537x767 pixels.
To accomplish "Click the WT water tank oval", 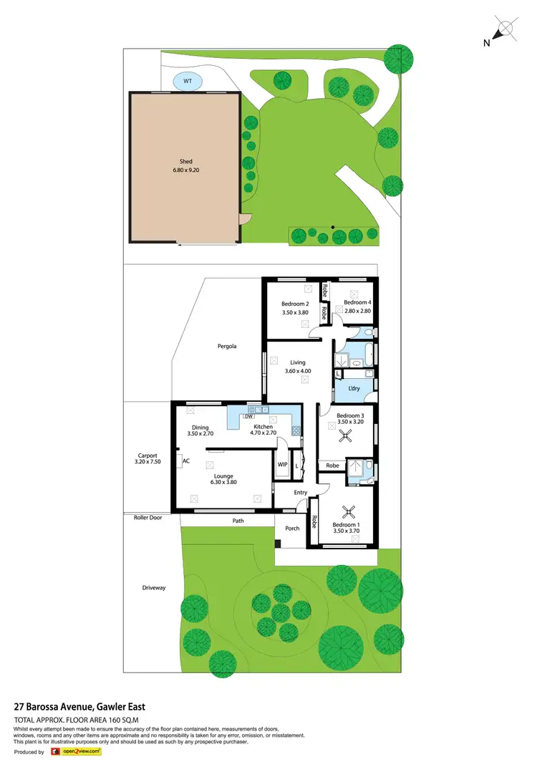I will [x=188, y=82].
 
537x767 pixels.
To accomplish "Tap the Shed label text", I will [x=186, y=162].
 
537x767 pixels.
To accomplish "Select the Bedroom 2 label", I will [x=295, y=304].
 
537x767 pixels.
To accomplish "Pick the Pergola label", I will [x=227, y=346].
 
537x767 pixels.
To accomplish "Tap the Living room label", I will [x=298, y=362].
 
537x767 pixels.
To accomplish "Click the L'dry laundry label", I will [x=354, y=388].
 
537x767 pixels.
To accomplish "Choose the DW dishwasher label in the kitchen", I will [x=248, y=416].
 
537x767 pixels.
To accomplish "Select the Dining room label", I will [x=200, y=427].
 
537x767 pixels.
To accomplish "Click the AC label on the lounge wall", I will [x=186, y=461].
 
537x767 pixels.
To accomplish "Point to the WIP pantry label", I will [x=282, y=464].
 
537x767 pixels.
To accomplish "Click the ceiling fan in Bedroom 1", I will [x=349, y=511].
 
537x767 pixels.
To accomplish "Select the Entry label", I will [x=300, y=492].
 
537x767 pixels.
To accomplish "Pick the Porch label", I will [x=292, y=529].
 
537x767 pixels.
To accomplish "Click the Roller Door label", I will [x=147, y=516].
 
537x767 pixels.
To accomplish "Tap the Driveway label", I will [x=154, y=587].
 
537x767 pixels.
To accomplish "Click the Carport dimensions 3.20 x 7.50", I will [x=147, y=462].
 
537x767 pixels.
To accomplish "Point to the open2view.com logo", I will [x=75, y=752].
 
